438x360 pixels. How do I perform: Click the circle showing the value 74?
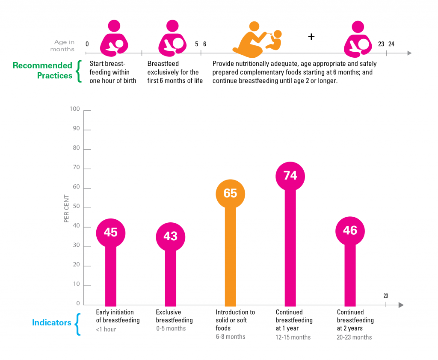click(x=290, y=176)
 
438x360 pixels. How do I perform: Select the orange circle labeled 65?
click(x=230, y=194)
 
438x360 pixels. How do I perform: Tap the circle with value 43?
click(x=170, y=236)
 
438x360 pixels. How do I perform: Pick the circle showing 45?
click(x=110, y=233)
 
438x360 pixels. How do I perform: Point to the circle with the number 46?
click(x=350, y=231)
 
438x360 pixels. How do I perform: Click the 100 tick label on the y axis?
click(x=75, y=109)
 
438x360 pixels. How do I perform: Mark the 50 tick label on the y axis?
click(x=76, y=207)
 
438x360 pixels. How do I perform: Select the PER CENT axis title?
click(x=67, y=209)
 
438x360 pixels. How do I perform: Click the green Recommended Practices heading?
click(x=42, y=71)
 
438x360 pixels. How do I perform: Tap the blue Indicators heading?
click(x=51, y=323)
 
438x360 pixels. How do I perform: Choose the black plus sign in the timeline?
click(x=311, y=37)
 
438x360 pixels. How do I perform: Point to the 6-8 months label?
click(x=230, y=337)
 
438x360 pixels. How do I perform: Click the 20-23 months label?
click(x=354, y=337)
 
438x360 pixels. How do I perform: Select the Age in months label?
click(x=63, y=46)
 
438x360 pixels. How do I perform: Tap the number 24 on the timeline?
click(x=391, y=44)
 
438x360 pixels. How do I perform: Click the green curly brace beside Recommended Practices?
click(x=78, y=71)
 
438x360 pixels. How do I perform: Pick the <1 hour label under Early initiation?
click(x=106, y=329)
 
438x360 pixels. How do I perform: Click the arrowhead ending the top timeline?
click(x=409, y=53)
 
